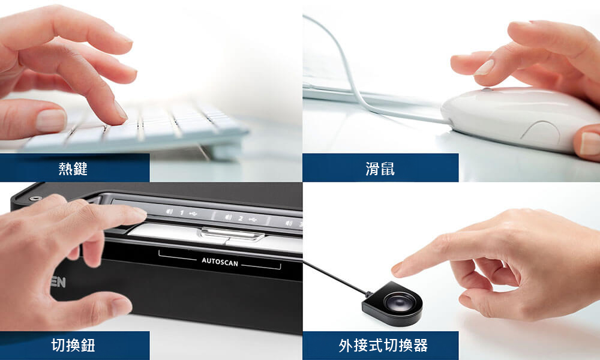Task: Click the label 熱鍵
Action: coord(73,169)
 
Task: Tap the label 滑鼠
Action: coord(380,169)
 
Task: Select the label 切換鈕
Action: coord(73,345)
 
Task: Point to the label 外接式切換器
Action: coord(383,346)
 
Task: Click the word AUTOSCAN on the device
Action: coord(220,262)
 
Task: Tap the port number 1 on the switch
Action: coord(182,213)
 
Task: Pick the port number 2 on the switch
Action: coord(241,218)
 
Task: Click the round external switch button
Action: coord(398,303)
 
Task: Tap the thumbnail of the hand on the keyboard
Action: coord(50,121)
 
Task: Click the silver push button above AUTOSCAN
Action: coord(232,234)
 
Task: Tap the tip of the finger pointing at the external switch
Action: coord(394,269)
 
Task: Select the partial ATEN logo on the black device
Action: coord(58,283)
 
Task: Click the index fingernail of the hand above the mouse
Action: coord(484,68)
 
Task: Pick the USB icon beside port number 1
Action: coord(193,214)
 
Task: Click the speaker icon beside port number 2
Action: coord(229,217)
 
